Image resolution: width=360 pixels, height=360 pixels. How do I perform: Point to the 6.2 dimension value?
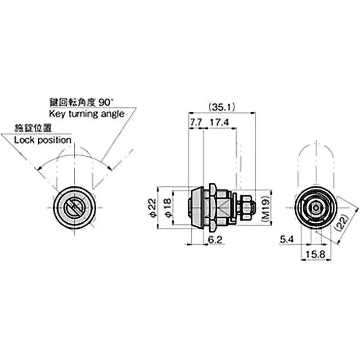coord(216,240)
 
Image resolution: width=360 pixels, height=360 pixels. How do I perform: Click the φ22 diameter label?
coord(153,208)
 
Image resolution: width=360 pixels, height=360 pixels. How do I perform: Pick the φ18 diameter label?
coord(168,208)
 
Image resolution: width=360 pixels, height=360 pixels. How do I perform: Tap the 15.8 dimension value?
coord(317,254)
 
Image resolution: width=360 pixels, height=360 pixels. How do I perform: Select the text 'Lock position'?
coord(43,140)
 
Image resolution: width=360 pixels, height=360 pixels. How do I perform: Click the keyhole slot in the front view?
coord(74,208)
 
